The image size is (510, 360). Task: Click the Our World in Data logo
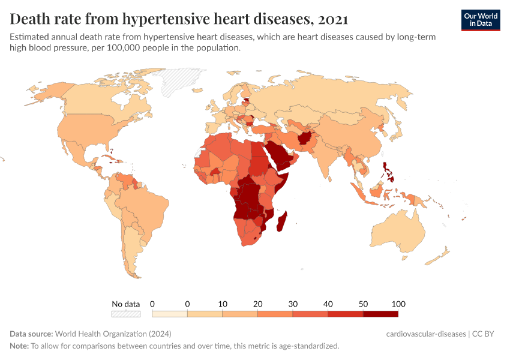480,20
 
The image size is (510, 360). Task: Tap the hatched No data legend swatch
125,313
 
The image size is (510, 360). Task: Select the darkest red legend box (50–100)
380,313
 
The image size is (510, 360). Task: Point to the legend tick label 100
398,303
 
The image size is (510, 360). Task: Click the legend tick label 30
293,303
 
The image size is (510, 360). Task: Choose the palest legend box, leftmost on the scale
170,313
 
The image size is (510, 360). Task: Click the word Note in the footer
18,346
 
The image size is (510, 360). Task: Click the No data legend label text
125,303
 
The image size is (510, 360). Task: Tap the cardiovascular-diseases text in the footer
426,334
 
